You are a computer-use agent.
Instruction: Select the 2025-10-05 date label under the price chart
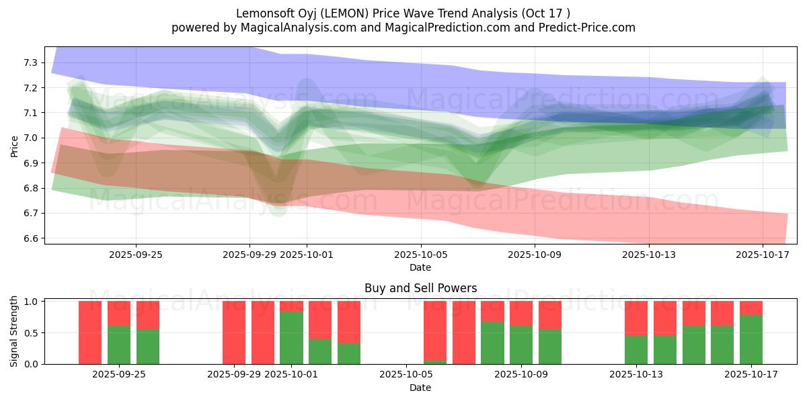(x=420, y=255)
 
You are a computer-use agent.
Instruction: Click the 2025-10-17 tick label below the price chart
(x=763, y=255)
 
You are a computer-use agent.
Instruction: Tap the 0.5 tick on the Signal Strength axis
(x=32, y=333)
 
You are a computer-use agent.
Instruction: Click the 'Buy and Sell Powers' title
(x=420, y=288)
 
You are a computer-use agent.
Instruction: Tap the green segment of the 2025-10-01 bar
(x=291, y=337)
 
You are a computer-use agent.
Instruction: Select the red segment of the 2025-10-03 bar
(x=349, y=322)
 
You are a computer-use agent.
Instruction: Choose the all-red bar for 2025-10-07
(x=463, y=332)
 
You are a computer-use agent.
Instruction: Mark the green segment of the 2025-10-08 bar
(x=492, y=343)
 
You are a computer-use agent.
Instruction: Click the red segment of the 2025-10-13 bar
(x=636, y=318)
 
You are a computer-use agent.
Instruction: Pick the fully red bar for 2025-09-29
(x=234, y=332)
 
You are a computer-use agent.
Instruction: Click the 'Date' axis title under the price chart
(x=420, y=267)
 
